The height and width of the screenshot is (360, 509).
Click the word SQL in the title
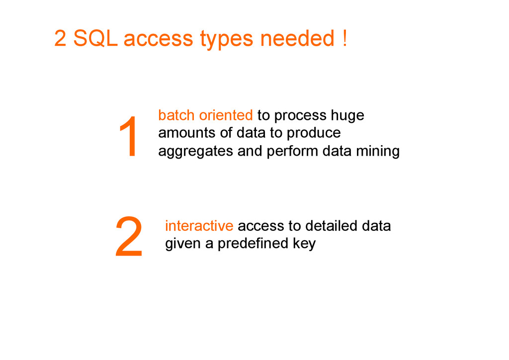tap(95, 39)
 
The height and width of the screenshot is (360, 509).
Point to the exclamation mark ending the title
tap(344, 39)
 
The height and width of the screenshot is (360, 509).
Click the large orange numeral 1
tap(129, 137)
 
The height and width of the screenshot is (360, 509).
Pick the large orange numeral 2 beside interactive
tap(129, 237)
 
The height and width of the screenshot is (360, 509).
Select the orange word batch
tap(176, 115)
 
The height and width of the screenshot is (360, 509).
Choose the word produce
tap(314, 134)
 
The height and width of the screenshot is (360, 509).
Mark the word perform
tap(293, 151)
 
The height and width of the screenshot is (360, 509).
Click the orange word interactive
tap(199, 226)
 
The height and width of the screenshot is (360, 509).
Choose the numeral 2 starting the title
tap(60, 39)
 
